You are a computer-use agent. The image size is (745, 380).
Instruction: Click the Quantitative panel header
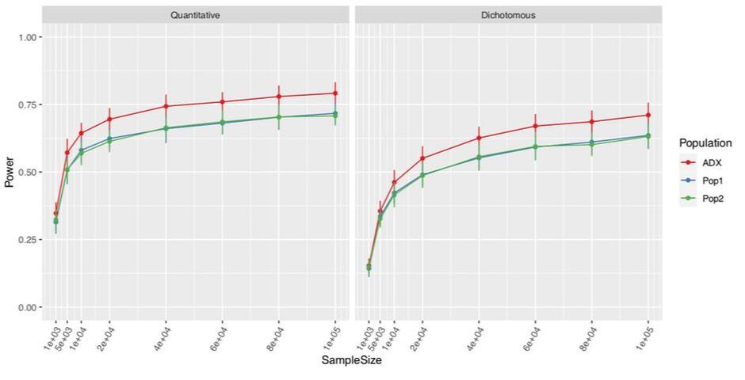tap(195, 15)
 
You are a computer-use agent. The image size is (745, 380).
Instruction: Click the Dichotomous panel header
tap(507, 15)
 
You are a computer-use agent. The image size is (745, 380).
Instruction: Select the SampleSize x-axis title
tap(351, 361)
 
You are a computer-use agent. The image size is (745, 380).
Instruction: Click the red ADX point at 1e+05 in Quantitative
tap(335, 93)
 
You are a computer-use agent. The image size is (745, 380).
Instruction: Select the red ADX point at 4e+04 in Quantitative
tap(166, 106)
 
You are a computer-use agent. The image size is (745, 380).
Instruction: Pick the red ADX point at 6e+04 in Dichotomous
tap(536, 126)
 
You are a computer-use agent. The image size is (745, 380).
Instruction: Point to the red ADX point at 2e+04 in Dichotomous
tap(422, 158)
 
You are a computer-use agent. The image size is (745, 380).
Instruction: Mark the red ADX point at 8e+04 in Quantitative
tap(279, 97)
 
